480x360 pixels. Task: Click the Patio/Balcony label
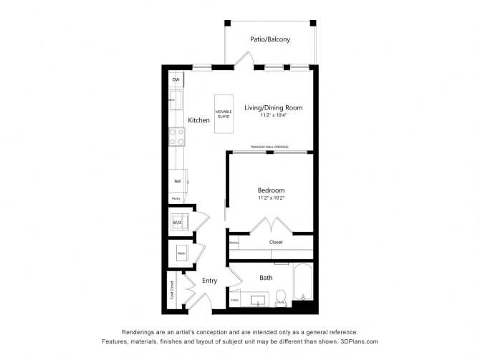tap(270, 39)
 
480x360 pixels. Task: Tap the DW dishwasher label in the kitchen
tap(176, 79)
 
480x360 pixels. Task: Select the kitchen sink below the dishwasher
tap(176, 99)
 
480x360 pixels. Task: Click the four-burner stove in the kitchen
tap(176, 136)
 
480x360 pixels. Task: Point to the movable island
tap(223, 112)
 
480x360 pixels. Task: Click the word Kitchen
tap(199, 120)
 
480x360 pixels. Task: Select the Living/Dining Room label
tap(274, 107)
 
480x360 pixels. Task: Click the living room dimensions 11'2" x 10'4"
tap(274, 115)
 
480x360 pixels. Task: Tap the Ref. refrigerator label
tap(177, 181)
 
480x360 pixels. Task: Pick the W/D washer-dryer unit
tap(177, 223)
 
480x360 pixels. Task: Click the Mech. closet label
tap(181, 253)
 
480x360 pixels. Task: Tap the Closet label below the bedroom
tap(276, 242)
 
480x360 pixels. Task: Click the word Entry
tap(209, 281)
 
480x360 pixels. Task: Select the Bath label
tap(266, 277)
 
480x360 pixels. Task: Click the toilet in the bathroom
tap(281, 296)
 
